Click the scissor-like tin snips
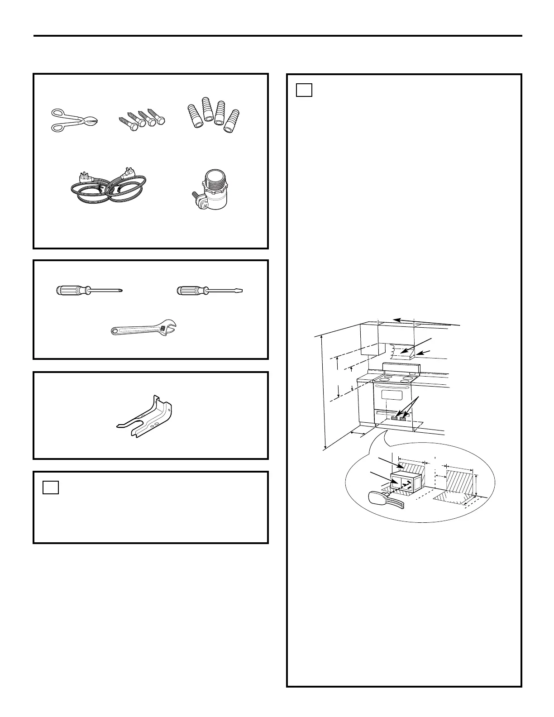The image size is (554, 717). tap(74, 120)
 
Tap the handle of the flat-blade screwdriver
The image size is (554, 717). tap(190, 291)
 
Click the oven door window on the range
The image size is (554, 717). tap(392, 395)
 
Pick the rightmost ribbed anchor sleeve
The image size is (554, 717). tap(231, 122)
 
